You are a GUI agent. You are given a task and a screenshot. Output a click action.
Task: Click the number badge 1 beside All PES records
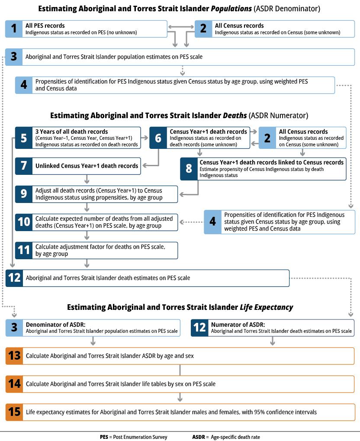tap(14, 29)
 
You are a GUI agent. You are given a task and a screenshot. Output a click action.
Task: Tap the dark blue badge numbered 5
tap(23, 138)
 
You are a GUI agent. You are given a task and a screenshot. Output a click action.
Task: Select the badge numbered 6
tap(158, 138)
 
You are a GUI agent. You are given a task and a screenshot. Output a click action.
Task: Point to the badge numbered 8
tap(189, 168)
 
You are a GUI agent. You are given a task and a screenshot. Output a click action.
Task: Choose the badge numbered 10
tap(23, 222)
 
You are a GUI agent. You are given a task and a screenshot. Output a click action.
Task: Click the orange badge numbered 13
tap(14, 356)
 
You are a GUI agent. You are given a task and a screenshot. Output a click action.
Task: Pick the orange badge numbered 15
tap(14, 412)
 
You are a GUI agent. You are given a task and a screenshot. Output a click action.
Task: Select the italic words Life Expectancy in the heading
tap(266, 307)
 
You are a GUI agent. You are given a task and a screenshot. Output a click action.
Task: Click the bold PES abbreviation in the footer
tap(104, 437)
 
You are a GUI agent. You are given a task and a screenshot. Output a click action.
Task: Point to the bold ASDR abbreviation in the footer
tap(199, 437)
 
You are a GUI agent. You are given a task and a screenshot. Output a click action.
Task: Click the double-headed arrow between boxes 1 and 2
tap(180, 28)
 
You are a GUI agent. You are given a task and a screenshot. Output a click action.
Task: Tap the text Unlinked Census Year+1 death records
tap(87, 165)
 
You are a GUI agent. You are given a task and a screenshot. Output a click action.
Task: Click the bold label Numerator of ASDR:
tap(238, 324)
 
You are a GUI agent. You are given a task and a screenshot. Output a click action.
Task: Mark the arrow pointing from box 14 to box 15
tap(180, 397)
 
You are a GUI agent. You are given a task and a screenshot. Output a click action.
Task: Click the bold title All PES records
tap(45, 26)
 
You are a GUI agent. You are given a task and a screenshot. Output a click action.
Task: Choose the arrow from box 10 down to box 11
tap(87, 235)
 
